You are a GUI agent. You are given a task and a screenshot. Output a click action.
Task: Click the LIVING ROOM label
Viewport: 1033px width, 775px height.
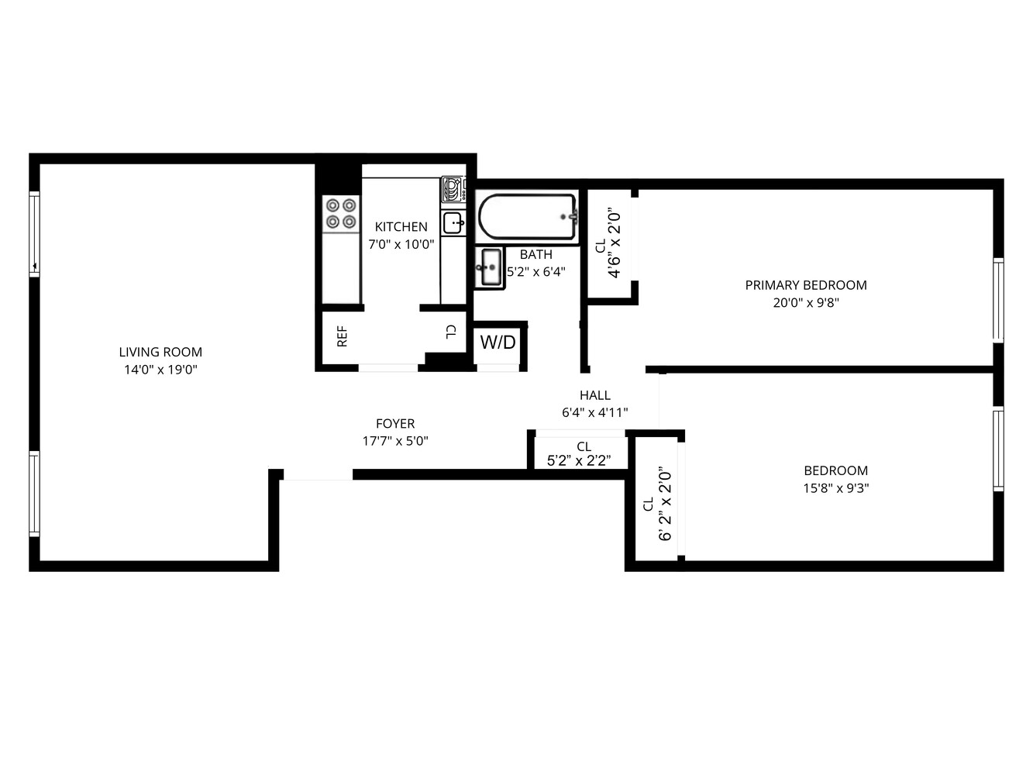[160, 352]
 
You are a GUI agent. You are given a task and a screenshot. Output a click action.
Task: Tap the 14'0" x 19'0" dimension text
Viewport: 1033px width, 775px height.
[160, 370]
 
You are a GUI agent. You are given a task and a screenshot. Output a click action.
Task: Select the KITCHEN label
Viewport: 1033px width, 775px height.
[401, 226]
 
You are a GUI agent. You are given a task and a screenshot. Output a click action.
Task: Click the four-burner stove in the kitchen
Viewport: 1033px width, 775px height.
[341, 214]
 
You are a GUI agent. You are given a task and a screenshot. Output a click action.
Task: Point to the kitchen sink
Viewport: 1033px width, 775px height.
[453, 223]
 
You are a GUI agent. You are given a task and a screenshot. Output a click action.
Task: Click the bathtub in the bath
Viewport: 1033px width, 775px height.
[527, 217]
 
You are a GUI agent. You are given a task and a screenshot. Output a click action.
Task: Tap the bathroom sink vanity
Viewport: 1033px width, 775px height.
[489, 267]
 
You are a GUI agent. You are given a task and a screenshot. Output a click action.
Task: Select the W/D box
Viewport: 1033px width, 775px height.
[498, 343]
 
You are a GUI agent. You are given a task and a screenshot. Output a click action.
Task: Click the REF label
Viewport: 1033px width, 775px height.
[342, 336]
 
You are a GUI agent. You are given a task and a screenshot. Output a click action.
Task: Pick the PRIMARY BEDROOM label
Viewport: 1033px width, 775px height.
[806, 285]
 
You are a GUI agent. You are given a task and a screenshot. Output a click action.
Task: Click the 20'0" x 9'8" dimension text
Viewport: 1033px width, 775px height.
[806, 303]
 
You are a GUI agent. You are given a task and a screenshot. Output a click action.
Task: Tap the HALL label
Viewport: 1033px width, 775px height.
[595, 395]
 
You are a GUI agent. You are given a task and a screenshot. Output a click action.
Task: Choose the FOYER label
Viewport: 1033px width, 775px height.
[395, 424]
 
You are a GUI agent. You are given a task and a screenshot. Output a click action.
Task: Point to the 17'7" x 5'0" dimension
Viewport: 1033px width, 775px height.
[395, 441]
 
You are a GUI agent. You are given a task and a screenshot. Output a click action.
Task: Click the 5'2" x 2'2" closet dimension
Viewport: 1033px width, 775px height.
[579, 460]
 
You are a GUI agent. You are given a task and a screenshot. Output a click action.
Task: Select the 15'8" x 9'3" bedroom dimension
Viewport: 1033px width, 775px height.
[835, 488]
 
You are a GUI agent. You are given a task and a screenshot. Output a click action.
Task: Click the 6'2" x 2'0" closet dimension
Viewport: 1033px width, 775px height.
[665, 503]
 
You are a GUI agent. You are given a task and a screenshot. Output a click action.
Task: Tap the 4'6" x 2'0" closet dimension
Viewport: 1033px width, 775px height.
[615, 243]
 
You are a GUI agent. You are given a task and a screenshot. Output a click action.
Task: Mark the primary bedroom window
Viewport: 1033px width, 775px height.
[998, 300]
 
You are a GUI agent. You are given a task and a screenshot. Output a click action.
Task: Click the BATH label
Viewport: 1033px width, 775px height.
[536, 254]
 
